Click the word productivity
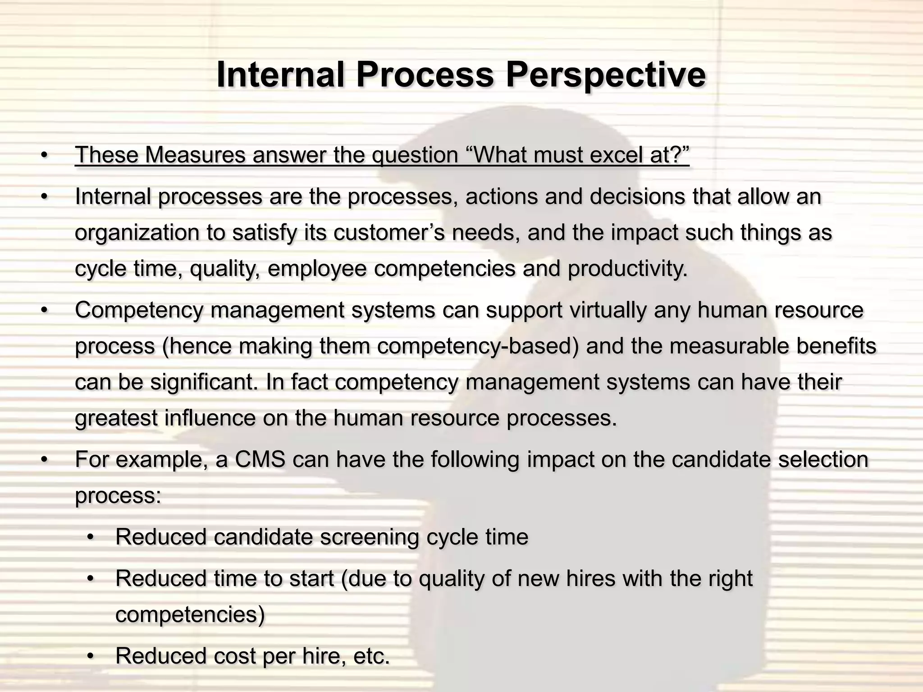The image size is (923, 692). [x=627, y=269]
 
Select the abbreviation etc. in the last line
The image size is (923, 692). [x=371, y=656]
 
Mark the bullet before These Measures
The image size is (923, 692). [x=44, y=156]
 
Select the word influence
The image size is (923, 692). [x=210, y=419]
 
